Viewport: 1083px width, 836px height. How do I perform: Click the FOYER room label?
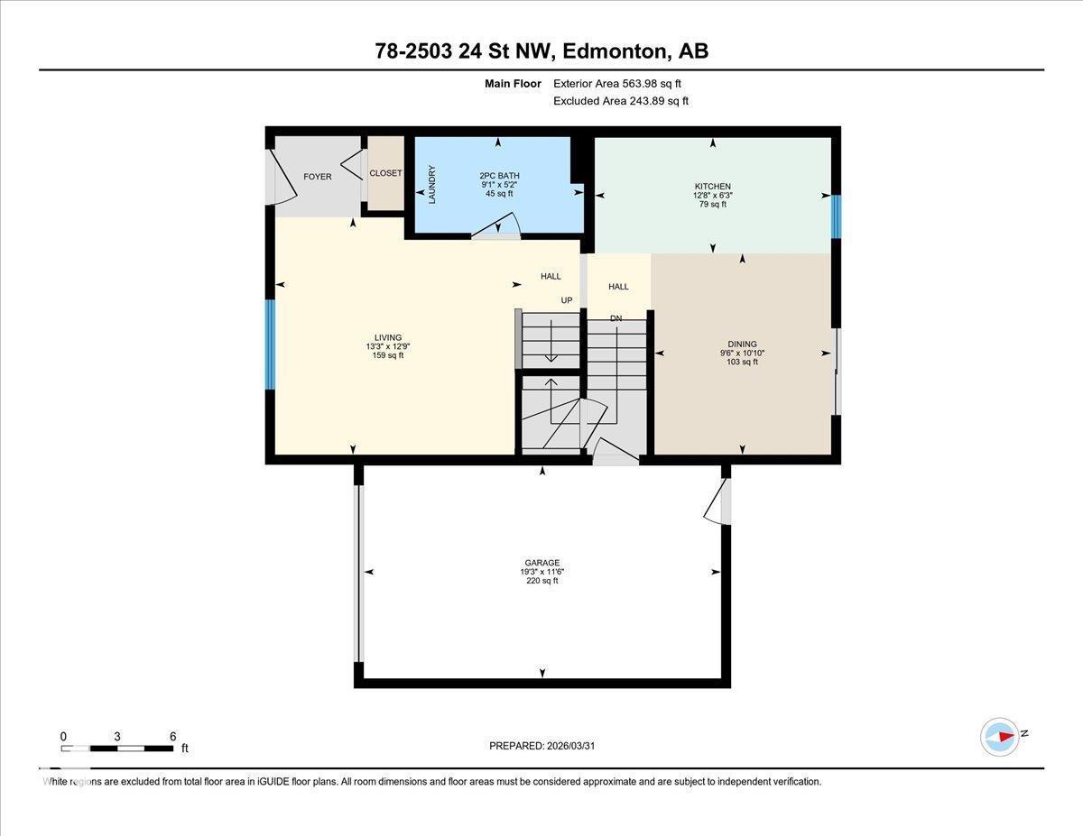[x=317, y=177]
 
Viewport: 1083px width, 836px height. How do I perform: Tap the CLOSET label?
[x=386, y=173]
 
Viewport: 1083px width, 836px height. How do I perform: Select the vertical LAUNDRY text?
[x=432, y=184]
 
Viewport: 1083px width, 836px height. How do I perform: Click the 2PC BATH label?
[x=499, y=176]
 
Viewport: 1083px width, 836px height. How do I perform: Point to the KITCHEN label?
[x=712, y=187]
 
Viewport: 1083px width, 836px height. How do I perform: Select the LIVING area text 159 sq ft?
[x=388, y=355]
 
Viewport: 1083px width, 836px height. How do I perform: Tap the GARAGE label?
[x=541, y=563]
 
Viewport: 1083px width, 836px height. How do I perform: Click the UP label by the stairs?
[x=567, y=300]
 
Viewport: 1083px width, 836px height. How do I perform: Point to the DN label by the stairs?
[x=616, y=318]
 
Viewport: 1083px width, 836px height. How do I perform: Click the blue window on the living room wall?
[x=269, y=345]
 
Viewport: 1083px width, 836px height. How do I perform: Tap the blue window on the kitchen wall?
[x=836, y=216]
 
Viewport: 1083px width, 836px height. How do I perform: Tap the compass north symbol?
[x=1000, y=736]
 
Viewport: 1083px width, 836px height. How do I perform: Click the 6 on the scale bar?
[x=172, y=736]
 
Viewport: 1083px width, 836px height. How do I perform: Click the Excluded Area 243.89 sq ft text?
[x=621, y=101]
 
